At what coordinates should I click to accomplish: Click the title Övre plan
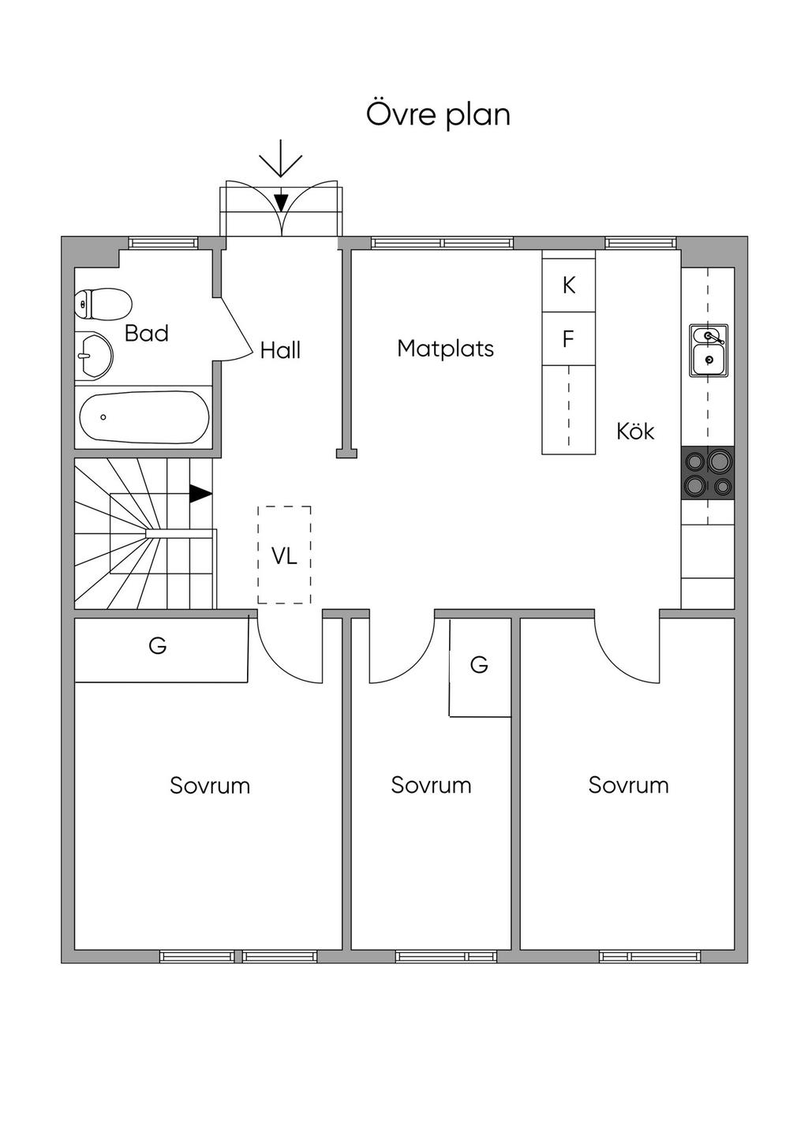[438, 114]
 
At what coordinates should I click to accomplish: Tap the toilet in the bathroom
[103, 304]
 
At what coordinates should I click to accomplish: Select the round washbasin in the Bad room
[94, 357]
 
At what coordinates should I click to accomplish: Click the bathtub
[144, 416]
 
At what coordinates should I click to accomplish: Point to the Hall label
[280, 350]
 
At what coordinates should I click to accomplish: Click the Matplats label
[445, 349]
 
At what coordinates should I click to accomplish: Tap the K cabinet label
[569, 286]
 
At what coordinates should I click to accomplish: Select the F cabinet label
[568, 339]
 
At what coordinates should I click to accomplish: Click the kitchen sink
[709, 350]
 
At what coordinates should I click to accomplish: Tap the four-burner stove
[708, 473]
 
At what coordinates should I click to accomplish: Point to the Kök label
[635, 431]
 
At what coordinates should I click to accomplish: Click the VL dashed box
[284, 555]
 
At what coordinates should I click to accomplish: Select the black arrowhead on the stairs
[200, 494]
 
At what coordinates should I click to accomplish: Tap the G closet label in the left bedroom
[158, 646]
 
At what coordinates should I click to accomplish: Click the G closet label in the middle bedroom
[479, 664]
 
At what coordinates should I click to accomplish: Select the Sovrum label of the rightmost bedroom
[628, 785]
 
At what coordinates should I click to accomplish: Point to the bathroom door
[236, 329]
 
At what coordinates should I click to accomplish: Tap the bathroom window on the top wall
[163, 243]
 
